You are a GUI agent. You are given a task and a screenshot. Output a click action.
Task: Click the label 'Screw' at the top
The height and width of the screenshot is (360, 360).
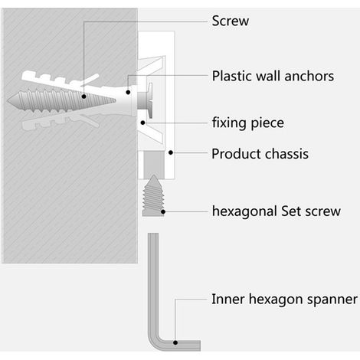(231, 21)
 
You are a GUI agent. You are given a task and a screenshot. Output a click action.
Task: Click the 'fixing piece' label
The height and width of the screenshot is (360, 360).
(248, 123)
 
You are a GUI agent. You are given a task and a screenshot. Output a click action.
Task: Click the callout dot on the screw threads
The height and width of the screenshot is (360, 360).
(83, 97)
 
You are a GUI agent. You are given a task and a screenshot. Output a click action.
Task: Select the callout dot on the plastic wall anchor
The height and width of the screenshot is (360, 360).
(128, 92)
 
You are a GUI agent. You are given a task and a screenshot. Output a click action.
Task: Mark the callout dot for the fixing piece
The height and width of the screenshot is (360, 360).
(143, 123)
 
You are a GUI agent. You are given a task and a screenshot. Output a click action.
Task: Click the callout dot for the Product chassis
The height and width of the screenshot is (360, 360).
(171, 152)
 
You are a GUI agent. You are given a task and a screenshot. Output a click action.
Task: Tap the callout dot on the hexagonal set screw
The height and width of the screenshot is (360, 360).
(163, 211)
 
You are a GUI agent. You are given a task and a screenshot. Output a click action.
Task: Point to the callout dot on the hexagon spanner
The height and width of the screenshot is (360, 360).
(175, 342)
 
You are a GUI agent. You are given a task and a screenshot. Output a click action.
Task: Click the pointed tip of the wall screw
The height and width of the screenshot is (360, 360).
(8, 100)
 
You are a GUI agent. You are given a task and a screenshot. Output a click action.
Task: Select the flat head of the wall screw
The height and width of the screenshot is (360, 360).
(150, 100)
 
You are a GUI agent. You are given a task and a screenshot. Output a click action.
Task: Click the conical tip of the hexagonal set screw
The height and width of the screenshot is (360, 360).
(153, 178)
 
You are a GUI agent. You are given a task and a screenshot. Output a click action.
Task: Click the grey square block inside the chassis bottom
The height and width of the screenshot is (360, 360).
(153, 165)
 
